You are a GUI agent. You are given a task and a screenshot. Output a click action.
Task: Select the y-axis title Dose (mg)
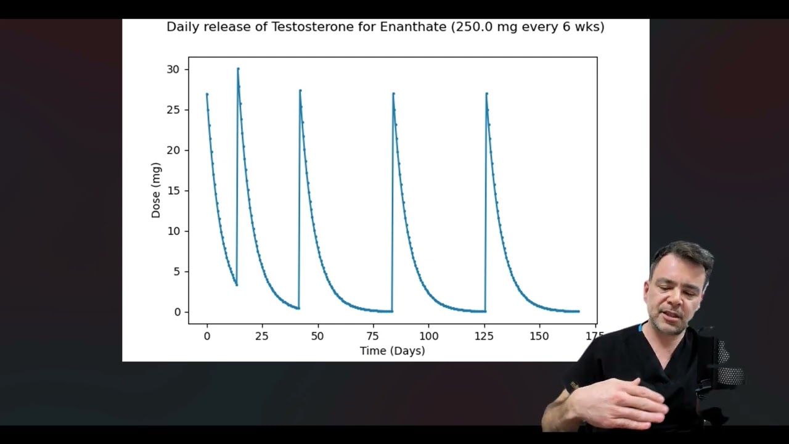(x=156, y=190)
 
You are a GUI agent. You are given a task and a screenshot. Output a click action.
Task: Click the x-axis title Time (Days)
(x=392, y=351)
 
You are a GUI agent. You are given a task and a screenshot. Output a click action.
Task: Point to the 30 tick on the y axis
(x=173, y=70)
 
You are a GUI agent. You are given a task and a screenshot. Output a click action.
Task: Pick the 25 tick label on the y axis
(x=173, y=110)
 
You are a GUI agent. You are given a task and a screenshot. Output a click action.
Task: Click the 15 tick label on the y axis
(x=173, y=191)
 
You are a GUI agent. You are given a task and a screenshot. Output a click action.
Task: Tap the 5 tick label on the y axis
(x=176, y=271)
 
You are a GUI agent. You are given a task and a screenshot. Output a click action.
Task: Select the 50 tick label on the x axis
(x=317, y=336)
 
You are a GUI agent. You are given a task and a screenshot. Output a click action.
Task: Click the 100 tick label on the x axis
(x=428, y=336)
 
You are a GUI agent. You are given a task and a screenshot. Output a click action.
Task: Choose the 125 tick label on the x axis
(x=484, y=336)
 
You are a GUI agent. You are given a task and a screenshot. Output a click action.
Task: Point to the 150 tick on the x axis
(x=539, y=336)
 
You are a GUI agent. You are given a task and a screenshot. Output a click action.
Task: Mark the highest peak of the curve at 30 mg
(x=238, y=69)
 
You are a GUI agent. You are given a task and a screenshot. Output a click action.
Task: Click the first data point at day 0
(x=207, y=94)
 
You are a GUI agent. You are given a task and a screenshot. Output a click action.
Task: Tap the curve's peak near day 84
(x=393, y=94)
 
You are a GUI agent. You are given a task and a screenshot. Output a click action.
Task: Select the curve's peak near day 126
(x=486, y=94)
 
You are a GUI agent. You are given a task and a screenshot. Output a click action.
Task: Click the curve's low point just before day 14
(x=236, y=284)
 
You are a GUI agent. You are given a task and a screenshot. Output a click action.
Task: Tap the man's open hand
(x=616, y=404)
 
